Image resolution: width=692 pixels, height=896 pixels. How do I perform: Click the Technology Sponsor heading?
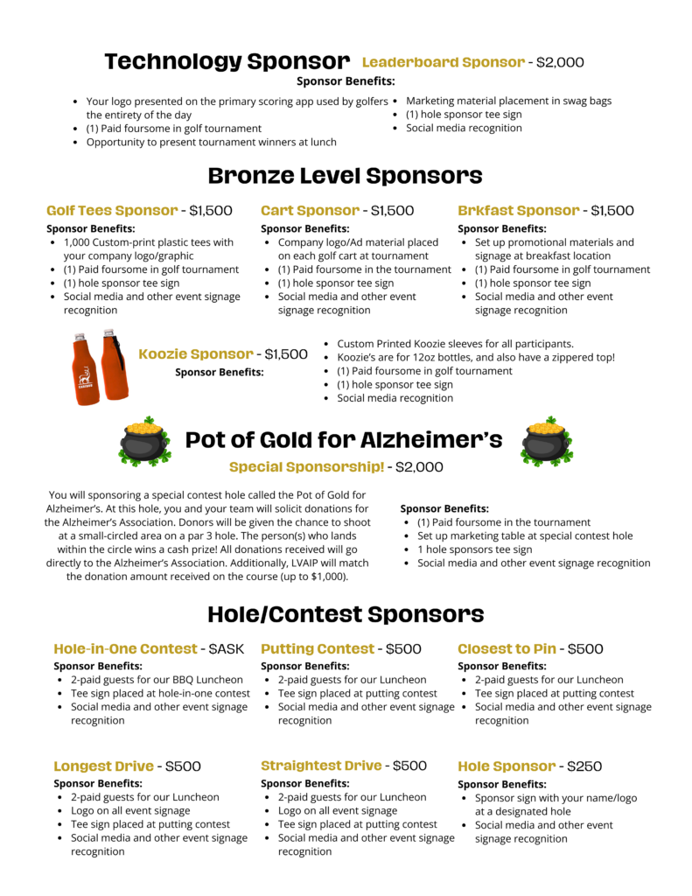point(227,61)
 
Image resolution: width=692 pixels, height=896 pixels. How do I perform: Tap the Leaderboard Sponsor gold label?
point(443,62)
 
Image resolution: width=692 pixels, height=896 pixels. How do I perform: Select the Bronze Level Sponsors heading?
point(345,175)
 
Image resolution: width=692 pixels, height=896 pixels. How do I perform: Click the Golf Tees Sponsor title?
point(112,211)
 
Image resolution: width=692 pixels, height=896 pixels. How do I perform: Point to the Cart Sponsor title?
point(310,211)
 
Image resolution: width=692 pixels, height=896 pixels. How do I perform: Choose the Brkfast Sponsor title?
point(518,211)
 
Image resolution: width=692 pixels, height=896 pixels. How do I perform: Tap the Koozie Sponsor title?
point(196,354)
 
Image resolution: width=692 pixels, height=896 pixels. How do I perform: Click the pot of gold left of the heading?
point(143,442)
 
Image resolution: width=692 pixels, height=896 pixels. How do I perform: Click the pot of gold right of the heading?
point(546,442)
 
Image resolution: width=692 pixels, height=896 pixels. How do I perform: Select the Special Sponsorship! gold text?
point(306,467)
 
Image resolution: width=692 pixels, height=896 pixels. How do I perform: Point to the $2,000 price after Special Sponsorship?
point(419,467)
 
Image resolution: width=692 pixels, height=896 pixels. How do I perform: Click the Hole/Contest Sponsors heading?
point(345,613)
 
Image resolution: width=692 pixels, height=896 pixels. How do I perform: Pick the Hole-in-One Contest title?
point(125,649)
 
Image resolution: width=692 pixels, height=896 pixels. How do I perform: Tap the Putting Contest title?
point(318,649)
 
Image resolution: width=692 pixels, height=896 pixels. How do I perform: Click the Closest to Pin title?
point(507,649)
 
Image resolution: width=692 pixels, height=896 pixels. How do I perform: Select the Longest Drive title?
point(103,766)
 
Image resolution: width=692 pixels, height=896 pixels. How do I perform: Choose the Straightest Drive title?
point(321,766)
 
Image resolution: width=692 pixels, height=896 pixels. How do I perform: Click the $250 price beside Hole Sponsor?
point(584,766)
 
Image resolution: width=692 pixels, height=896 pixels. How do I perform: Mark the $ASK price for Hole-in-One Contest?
point(226,649)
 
